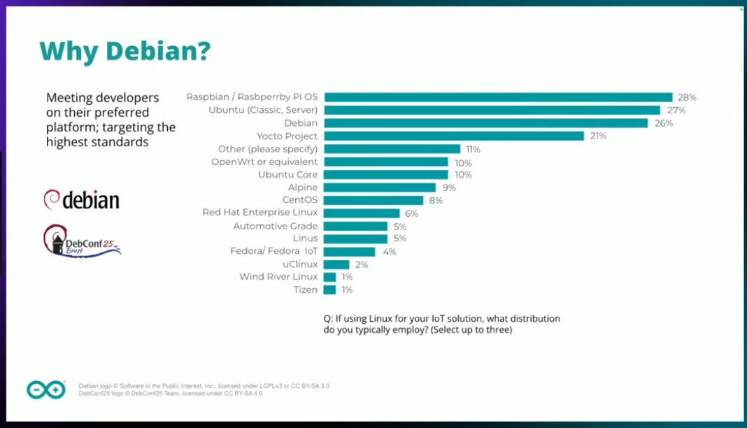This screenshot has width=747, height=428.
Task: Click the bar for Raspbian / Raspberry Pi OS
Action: pyautogui.click(x=498, y=97)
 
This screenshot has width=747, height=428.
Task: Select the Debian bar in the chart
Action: pyautogui.click(x=485, y=123)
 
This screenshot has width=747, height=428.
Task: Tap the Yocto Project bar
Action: pyautogui.click(x=454, y=136)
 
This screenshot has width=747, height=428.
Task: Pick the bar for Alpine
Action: pyautogui.click(x=380, y=187)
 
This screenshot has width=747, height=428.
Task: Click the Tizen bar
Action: pyautogui.click(x=329, y=290)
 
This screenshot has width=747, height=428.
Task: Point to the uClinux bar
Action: pyautogui.click(x=336, y=264)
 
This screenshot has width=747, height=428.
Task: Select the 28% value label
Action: pyautogui.click(x=687, y=97)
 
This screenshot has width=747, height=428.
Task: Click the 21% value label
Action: pyautogui.click(x=598, y=136)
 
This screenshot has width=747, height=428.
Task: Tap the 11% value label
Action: pyautogui.click(x=474, y=149)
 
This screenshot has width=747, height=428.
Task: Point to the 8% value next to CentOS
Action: pyautogui.click(x=435, y=200)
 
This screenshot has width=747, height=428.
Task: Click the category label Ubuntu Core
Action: pyautogui.click(x=287, y=174)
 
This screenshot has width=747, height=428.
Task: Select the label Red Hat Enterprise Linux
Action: pyautogui.click(x=259, y=212)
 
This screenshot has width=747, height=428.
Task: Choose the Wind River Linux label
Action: pyautogui.click(x=278, y=277)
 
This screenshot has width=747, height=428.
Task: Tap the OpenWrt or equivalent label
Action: pyautogui.click(x=264, y=162)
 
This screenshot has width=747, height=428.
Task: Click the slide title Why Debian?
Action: pyautogui.click(x=124, y=51)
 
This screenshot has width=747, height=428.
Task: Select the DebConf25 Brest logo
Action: pyautogui.click(x=81, y=241)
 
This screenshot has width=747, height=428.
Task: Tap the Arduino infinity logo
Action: pyautogui.click(x=46, y=389)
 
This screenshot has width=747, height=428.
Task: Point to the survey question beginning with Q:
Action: pyautogui.click(x=441, y=324)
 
